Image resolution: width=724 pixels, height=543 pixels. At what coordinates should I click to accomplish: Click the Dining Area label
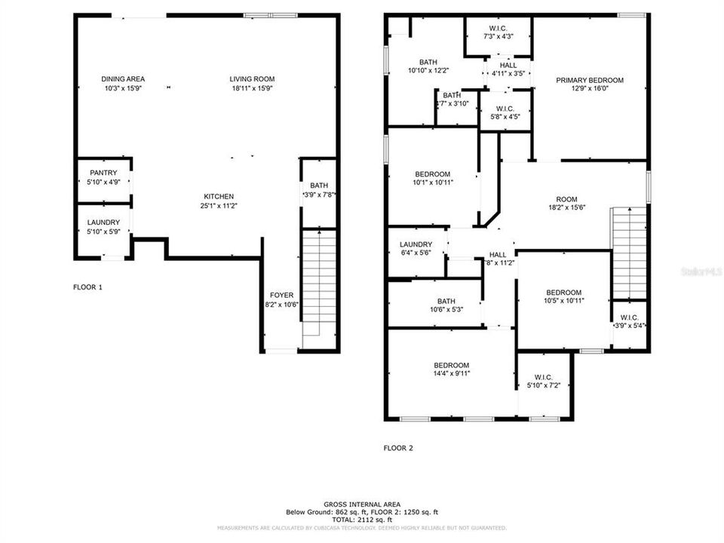[x=123, y=79]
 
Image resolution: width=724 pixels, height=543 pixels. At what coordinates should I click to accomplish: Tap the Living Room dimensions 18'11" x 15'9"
[x=252, y=88]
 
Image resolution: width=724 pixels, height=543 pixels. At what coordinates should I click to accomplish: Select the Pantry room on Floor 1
[x=103, y=177]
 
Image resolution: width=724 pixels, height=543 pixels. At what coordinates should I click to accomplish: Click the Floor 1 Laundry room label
[x=103, y=222]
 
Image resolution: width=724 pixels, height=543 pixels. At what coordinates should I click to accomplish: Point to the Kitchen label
[x=216, y=196]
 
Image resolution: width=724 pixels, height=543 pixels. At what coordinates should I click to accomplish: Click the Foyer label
[x=281, y=295]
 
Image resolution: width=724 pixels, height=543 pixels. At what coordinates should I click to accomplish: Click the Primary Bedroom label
[x=590, y=81]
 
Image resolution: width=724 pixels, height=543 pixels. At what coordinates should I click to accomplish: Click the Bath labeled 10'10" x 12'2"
[x=428, y=66]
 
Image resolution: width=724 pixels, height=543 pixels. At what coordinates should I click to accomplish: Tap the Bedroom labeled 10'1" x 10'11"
[x=431, y=178]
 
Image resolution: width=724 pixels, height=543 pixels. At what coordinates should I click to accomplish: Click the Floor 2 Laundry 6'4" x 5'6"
[x=416, y=249]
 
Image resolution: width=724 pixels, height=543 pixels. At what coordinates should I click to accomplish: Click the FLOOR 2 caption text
[x=398, y=448]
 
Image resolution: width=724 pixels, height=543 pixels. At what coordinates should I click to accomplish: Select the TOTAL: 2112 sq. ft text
[x=362, y=520]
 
